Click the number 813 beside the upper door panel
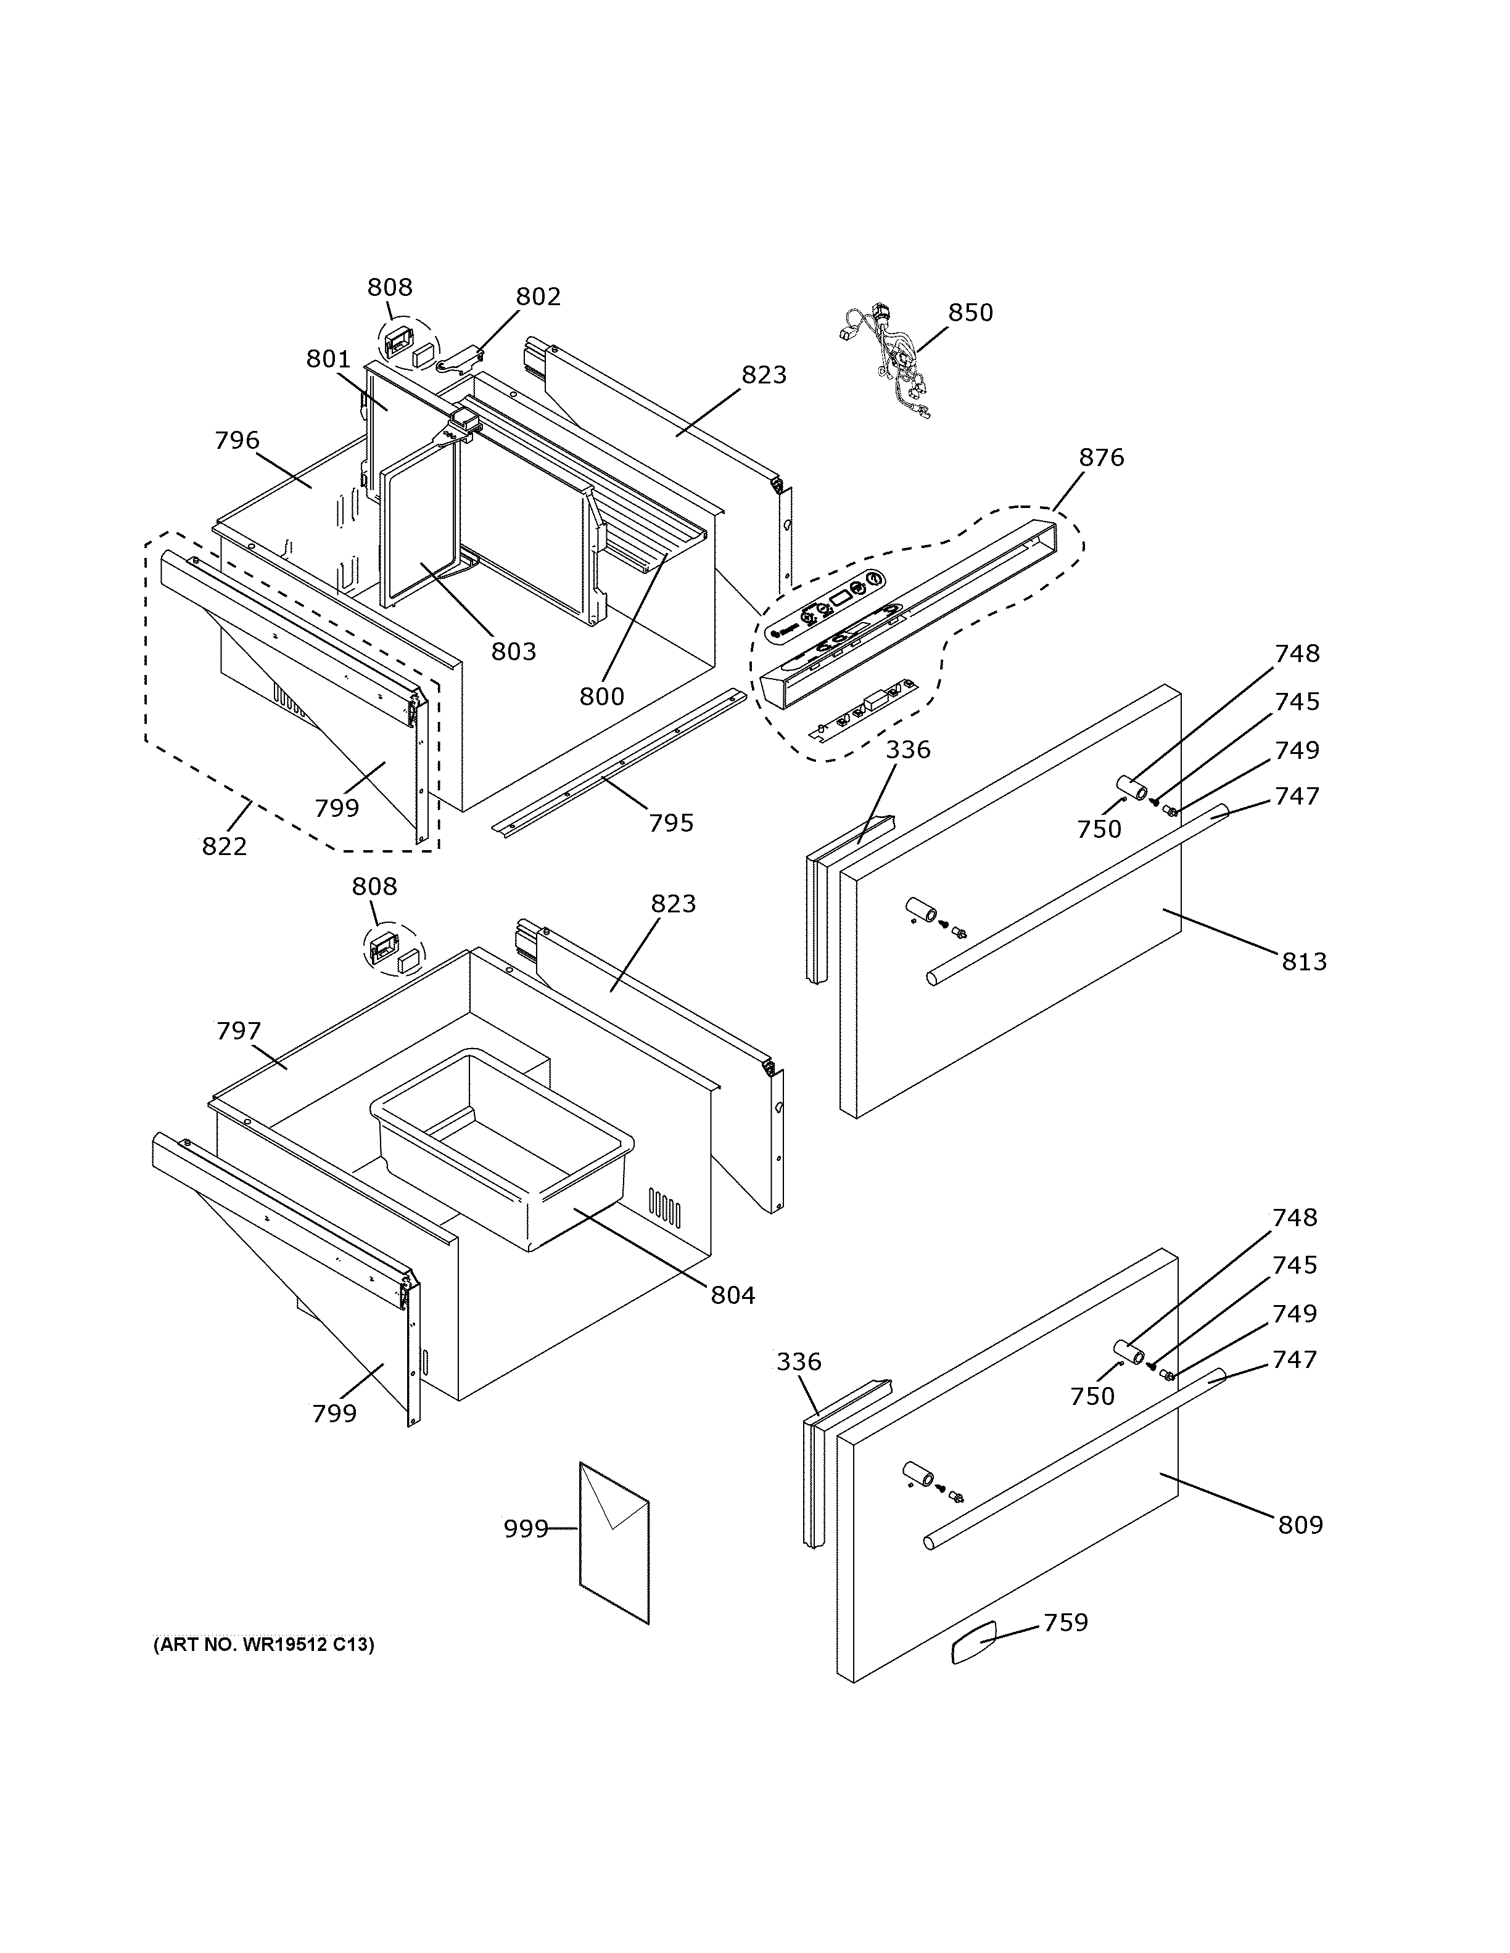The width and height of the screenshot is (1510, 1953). [1303, 962]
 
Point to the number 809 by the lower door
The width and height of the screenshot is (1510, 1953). [1299, 1525]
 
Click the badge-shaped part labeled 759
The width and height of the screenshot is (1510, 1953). [973, 1644]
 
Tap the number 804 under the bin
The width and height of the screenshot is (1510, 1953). [733, 1294]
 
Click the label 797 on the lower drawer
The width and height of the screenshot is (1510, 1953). [238, 1031]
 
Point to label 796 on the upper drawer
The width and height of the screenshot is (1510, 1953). [237, 440]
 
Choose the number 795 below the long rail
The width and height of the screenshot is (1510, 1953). [671, 823]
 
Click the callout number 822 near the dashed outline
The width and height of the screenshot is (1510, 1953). [224, 846]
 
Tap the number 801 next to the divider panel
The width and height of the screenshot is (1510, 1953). [328, 359]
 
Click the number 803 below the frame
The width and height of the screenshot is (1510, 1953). [513, 651]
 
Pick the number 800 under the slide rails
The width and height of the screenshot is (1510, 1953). [601, 696]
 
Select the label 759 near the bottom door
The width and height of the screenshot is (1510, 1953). [1065, 1622]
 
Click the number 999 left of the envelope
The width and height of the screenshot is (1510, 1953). [525, 1528]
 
